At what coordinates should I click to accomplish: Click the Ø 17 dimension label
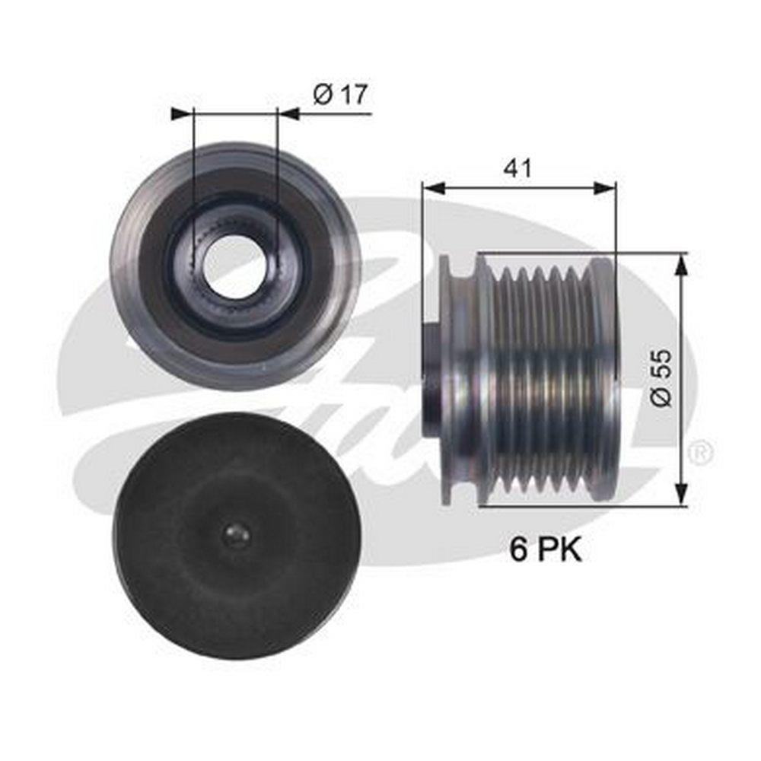point(340,94)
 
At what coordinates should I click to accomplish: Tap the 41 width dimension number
point(517,168)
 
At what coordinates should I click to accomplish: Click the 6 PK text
point(545,550)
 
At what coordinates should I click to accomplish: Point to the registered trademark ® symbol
point(703,452)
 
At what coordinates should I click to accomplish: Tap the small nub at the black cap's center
point(237,535)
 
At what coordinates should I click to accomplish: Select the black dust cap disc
point(237,535)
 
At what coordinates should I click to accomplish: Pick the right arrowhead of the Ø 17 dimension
point(288,114)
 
